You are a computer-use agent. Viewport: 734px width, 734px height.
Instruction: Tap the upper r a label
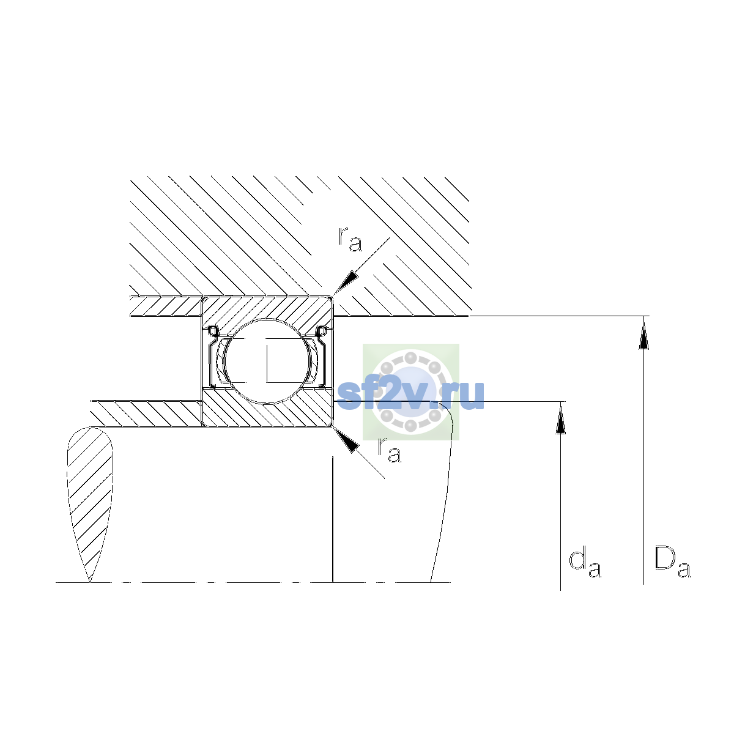(x=350, y=240)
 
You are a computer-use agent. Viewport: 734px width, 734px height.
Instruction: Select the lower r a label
(x=389, y=451)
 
